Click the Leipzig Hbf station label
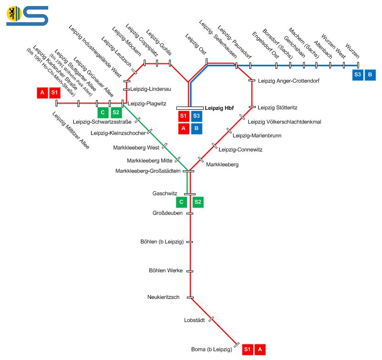[219, 107]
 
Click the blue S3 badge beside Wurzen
[358, 75]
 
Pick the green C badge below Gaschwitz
[182, 202]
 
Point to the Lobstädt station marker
[211, 319]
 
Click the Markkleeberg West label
[136, 147]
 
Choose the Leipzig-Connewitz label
[241, 149]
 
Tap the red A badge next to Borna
[260, 349]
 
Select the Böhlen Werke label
[166, 270]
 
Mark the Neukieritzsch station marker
[190, 297]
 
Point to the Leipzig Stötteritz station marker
[252, 107]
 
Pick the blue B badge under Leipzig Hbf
[197, 128]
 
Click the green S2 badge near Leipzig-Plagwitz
[116, 112]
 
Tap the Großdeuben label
[168, 213]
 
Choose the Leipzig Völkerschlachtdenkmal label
[284, 122]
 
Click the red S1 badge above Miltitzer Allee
[55, 92]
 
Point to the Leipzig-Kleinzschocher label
[118, 133]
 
